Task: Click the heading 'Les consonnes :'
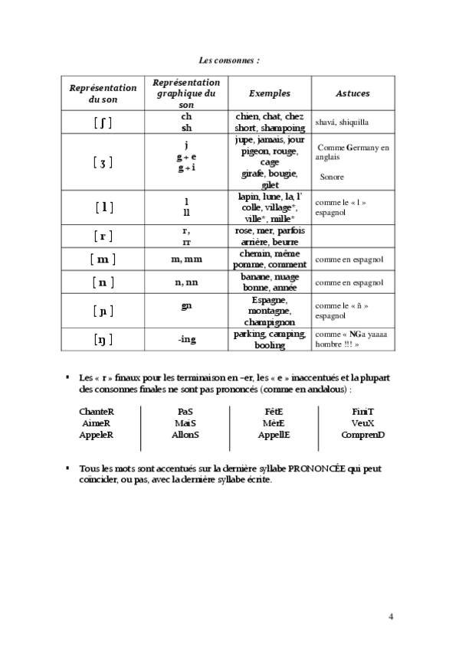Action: (x=228, y=59)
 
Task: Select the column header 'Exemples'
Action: (x=270, y=93)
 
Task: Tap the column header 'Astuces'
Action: (x=352, y=93)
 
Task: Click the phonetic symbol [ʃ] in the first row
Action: (x=103, y=122)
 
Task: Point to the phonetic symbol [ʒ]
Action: (x=103, y=162)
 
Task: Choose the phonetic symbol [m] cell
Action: (x=103, y=259)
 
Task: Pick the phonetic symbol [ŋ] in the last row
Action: (x=103, y=339)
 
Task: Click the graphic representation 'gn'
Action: (x=186, y=307)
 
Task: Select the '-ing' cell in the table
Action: (x=186, y=339)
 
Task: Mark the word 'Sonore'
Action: (x=332, y=177)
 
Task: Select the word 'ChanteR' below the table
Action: (x=97, y=411)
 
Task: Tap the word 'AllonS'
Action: (x=185, y=434)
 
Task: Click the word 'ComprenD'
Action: (x=363, y=434)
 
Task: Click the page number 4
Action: (x=391, y=617)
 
